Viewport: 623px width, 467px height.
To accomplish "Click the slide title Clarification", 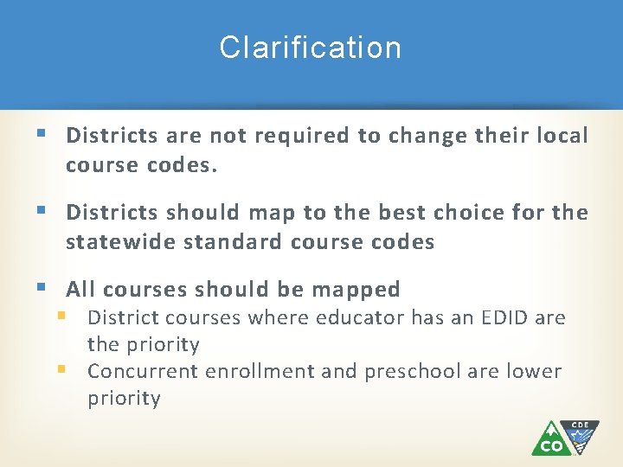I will click(311, 48).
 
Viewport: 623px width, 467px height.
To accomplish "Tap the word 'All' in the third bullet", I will click(82, 289).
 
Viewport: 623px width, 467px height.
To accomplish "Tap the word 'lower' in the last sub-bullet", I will click(536, 372).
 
